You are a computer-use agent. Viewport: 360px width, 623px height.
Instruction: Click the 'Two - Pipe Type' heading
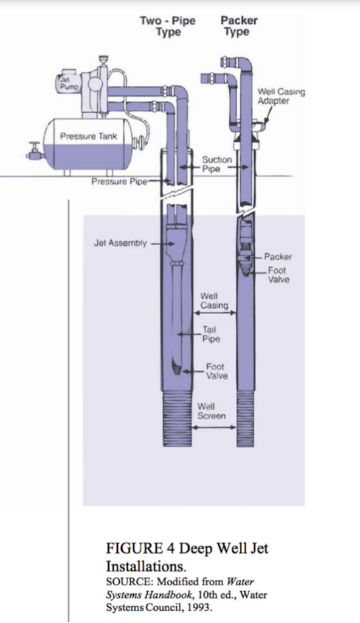168,26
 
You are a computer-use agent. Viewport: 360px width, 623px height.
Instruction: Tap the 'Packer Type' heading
239,26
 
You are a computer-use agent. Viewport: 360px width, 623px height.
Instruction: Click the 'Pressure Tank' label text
89,136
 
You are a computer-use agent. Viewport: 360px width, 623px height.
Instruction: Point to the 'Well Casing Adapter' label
282,96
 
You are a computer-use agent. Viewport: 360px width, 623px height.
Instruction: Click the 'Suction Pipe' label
217,164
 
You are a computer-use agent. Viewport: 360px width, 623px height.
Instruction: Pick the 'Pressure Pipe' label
119,181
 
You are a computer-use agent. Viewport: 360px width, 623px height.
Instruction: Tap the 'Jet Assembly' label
120,243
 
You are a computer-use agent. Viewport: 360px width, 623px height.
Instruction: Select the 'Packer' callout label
278,257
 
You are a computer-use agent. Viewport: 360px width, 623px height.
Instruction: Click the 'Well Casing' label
214,301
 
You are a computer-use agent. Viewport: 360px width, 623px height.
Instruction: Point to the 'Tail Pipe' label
211,334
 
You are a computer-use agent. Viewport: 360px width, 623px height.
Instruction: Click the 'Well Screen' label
212,411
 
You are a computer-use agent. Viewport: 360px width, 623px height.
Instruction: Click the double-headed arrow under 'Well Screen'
214,428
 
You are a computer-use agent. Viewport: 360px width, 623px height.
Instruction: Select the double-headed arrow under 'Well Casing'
215,313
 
